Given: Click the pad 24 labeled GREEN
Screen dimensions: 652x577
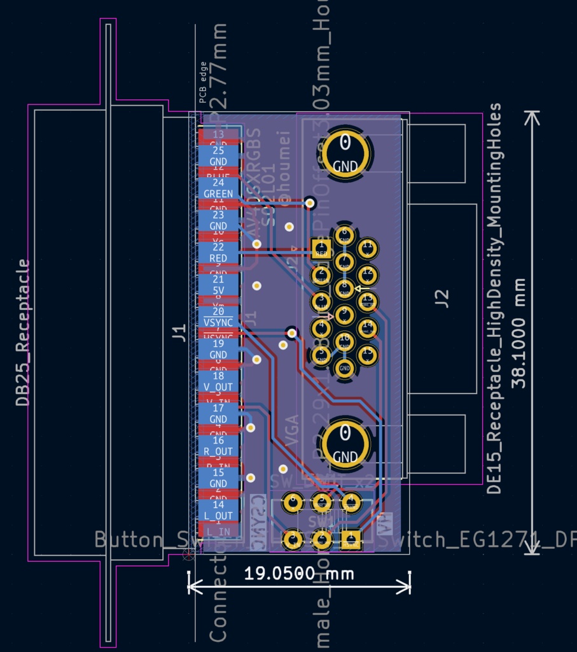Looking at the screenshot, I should pyautogui.click(x=218, y=188).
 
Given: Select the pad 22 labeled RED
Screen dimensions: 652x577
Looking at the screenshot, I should pyautogui.click(x=218, y=252).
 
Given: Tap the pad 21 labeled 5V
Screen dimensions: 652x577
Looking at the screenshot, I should pyautogui.click(x=218, y=285).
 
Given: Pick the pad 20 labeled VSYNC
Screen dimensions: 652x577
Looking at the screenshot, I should pyautogui.click(x=218, y=316).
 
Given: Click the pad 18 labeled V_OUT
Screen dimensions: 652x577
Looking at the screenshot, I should pyautogui.click(x=218, y=381).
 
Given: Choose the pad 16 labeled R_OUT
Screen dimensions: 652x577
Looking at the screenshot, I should pyautogui.click(x=218, y=446).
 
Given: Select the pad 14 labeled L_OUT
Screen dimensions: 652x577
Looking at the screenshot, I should pyautogui.click(x=218, y=510).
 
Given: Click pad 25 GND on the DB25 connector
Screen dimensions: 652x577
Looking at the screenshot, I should pyautogui.click(x=218, y=155).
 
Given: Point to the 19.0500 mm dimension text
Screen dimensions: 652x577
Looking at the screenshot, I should pyautogui.click(x=298, y=573).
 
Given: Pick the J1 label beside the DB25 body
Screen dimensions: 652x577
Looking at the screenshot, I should pyautogui.click(x=180, y=332).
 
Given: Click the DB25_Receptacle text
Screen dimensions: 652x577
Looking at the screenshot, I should pyautogui.click(x=23, y=332).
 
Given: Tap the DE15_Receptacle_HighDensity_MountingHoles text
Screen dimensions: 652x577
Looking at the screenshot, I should pyautogui.click(x=495, y=298).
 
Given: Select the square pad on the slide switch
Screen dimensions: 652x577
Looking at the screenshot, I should pyautogui.click(x=350, y=540).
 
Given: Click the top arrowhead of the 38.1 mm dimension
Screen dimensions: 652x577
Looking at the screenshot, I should pyautogui.click(x=532, y=117).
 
